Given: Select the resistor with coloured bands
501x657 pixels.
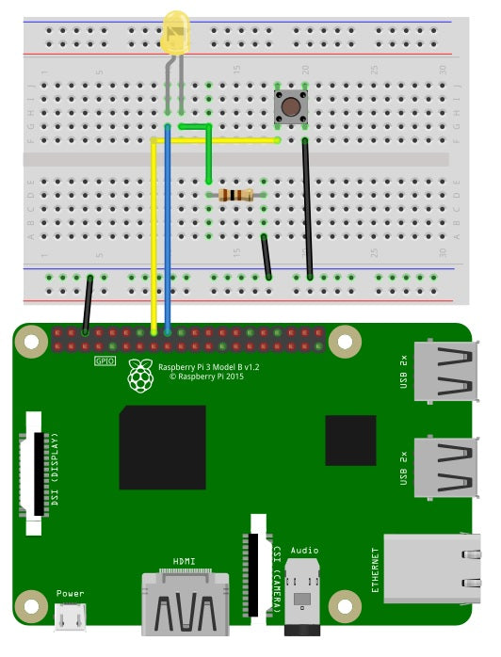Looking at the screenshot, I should [x=235, y=195].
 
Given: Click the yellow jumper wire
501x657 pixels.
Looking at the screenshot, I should [x=153, y=235].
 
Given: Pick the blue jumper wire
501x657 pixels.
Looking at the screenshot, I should [x=167, y=235].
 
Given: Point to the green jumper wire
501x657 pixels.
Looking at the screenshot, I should [x=208, y=155].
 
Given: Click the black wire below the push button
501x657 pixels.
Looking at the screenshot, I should [x=307, y=207].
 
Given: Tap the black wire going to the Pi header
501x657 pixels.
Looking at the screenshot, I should [x=88, y=305].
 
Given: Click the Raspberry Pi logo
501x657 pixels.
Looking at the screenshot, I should [x=140, y=377].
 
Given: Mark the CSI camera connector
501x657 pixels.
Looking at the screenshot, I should [x=255, y=565].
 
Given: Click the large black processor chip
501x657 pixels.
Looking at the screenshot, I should [x=162, y=447].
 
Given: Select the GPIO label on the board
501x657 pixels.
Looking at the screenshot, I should [x=105, y=361].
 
